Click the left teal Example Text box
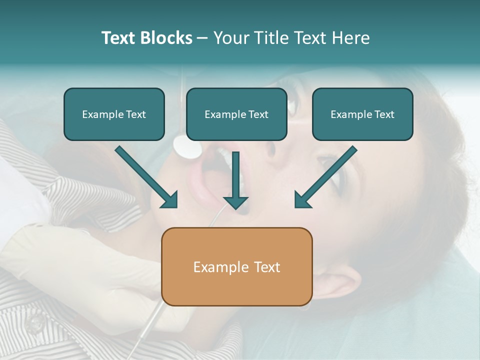114,114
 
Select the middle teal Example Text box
236,114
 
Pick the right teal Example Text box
362,114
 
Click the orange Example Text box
236,266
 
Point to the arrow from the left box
147,178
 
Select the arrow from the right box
325,178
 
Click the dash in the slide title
202,38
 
